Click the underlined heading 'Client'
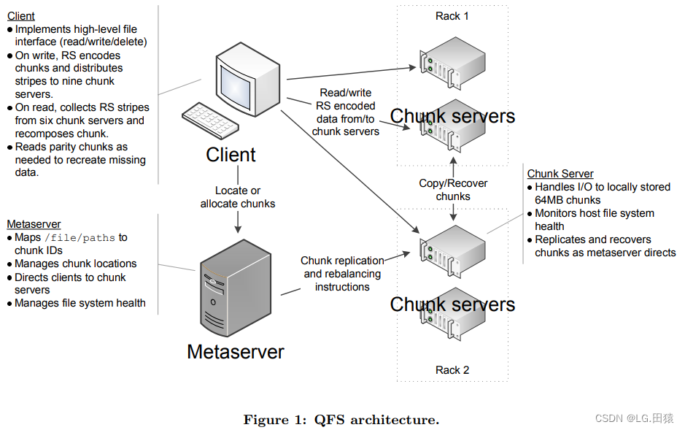pyautogui.click(x=21, y=15)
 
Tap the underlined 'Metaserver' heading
pyautogui.click(x=34, y=224)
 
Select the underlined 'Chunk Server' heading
pyautogui.click(x=560, y=174)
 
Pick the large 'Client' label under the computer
pyautogui.click(x=231, y=155)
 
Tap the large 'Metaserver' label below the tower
pyautogui.click(x=235, y=351)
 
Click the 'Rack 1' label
pyautogui.click(x=452, y=16)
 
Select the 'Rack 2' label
pyautogui.click(x=452, y=370)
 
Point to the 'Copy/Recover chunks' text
pyautogui.click(x=453, y=190)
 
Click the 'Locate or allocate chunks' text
pyautogui.click(x=238, y=197)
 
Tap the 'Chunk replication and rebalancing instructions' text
pyautogui.click(x=342, y=274)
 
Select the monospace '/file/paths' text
pyautogui.click(x=80, y=238)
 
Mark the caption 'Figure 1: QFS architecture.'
pyautogui.click(x=341, y=420)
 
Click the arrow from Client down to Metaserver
pyautogui.click(x=239, y=220)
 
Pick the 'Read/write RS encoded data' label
pyautogui.click(x=346, y=112)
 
